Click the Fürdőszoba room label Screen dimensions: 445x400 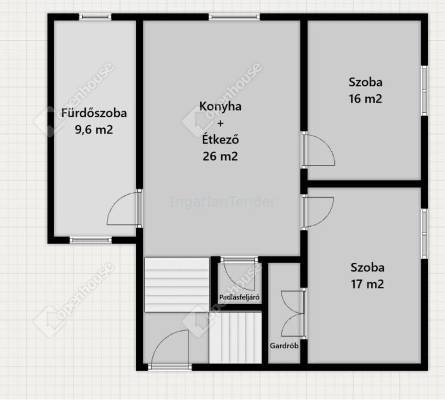pyautogui.click(x=94, y=113)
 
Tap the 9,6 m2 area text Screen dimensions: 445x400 pyautogui.click(x=94, y=130)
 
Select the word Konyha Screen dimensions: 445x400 pyautogui.click(x=221, y=106)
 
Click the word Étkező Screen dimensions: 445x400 pyautogui.click(x=221, y=139)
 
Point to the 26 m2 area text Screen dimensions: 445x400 pyautogui.click(x=221, y=156)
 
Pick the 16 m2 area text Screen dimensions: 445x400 pyautogui.click(x=365, y=98)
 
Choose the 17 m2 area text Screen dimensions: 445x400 pyautogui.click(x=367, y=284)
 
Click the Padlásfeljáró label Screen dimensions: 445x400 pyautogui.click(x=239, y=297)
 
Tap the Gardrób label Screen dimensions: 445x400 pyautogui.click(x=284, y=346)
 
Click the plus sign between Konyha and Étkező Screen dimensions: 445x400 pyautogui.click(x=221, y=124)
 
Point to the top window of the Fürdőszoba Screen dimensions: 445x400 pyautogui.click(x=95, y=17)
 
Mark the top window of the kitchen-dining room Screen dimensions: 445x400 pyautogui.click(x=234, y=17)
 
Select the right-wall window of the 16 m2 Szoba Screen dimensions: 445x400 pyautogui.click(x=424, y=91)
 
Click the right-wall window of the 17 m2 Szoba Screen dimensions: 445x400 pyautogui.click(x=424, y=234)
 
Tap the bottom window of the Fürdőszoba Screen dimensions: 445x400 pyautogui.click(x=91, y=240)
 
